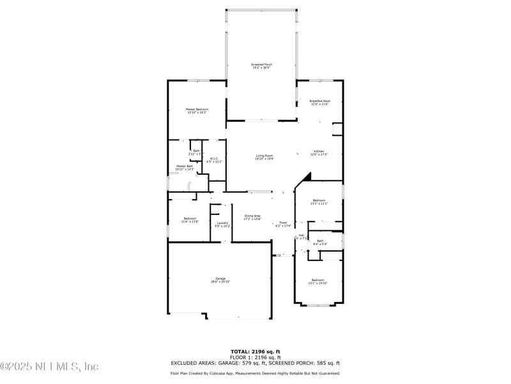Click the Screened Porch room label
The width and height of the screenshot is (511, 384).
[261, 66]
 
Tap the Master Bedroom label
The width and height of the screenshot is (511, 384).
[197, 111]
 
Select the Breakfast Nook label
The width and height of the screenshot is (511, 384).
[319, 102]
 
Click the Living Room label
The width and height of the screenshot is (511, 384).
[264, 157]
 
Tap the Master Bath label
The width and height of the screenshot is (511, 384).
[185, 168]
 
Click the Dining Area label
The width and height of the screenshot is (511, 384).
[252, 217]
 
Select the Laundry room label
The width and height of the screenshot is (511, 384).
[222, 224]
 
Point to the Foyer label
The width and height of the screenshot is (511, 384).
[283, 224]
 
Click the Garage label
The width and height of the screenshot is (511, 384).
[220, 280]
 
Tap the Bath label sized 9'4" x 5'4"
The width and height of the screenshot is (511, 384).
[320, 242]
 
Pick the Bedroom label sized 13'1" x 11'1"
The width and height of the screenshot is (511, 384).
[319, 202]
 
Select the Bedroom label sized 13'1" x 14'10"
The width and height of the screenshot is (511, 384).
[318, 281]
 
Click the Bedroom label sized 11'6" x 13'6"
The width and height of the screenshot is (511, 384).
[190, 220]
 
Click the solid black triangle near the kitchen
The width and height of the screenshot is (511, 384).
[307, 177]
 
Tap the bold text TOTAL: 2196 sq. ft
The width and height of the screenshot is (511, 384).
[255, 351]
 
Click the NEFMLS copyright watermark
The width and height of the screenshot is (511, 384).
[49, 366]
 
